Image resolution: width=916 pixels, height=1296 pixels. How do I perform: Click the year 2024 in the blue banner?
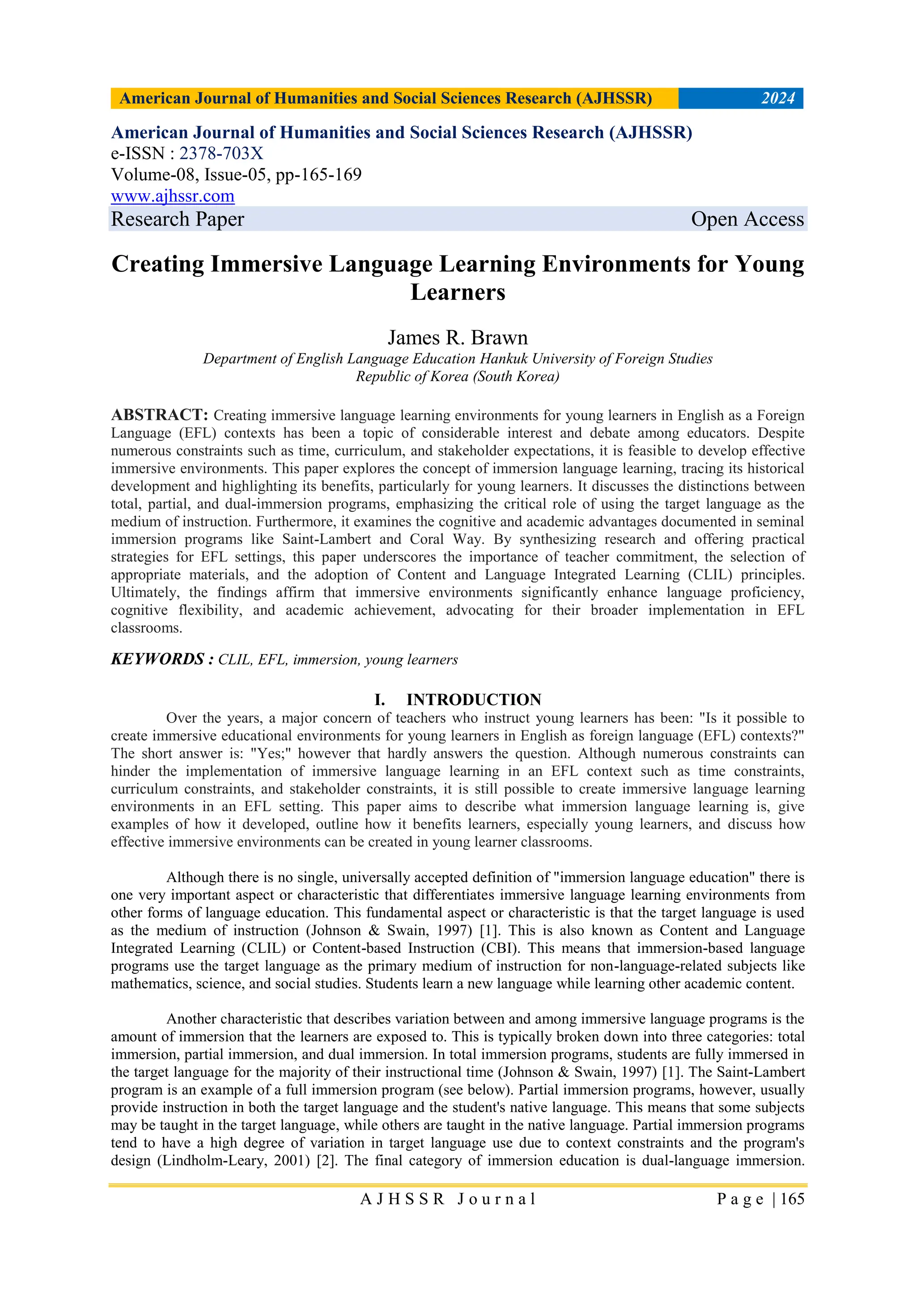coord(778,99)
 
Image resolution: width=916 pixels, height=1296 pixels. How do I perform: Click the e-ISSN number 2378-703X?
coord(221,153)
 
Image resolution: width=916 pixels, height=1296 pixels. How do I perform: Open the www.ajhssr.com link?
coord(173,196)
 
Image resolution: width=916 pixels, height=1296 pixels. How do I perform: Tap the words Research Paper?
coord(177,219)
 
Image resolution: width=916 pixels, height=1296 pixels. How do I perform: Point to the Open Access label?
coord(746,219)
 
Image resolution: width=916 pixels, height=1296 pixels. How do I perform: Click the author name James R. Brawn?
coord(458,338)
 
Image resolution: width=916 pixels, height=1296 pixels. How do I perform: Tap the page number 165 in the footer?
coord(792,1199)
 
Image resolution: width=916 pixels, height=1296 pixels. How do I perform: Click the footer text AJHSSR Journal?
coord(448,1199)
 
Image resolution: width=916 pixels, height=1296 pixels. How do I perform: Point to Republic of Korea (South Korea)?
coord(458,377)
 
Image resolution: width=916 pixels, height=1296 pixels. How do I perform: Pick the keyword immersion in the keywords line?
coord(326,660)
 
